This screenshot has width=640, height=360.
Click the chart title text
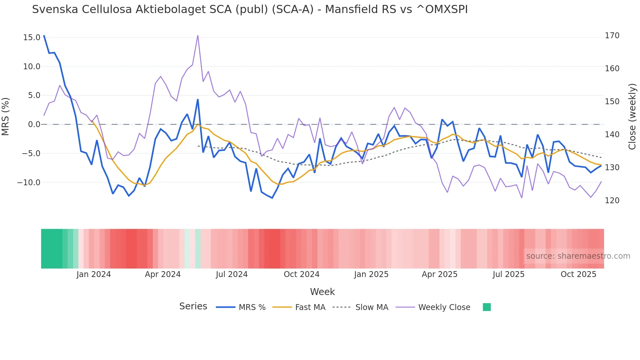coord(250,9)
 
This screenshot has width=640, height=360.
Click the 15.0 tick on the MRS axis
coord(32,38)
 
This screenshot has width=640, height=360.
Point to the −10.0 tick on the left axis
coord(29,183)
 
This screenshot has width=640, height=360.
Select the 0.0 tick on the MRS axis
coord(34,124)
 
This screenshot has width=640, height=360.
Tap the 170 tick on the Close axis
coord(612,36)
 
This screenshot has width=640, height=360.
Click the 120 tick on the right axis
coord(612,201)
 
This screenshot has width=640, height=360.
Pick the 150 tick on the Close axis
coord(612,102)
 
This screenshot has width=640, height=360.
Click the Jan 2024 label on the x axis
coord(94,274)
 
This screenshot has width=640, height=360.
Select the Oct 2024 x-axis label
coord(301,274)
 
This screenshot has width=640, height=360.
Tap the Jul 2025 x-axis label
coord(508,274)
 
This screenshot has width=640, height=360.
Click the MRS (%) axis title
coord(6,117)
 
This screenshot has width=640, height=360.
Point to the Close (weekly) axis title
coord(632,117)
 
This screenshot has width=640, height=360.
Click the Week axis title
coord(322,292)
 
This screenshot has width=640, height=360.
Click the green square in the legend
coord(487,307)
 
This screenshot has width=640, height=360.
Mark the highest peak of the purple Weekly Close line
coord(198,36)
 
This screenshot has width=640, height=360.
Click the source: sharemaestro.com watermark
coord(578,256)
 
